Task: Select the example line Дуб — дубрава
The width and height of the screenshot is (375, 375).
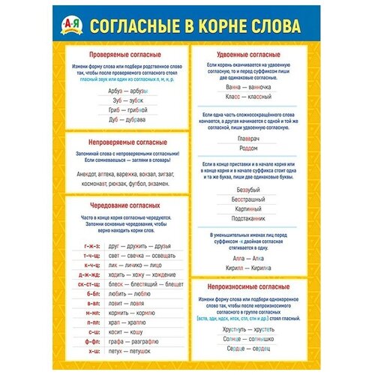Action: pos(122,118)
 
